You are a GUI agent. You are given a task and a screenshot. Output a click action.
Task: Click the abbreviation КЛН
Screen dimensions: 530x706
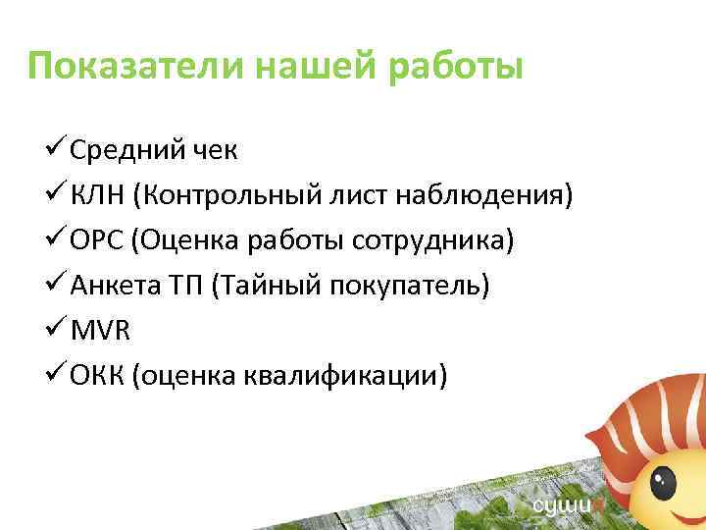pos(100,196)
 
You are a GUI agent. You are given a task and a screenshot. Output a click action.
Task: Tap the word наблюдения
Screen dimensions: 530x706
pos(480,196)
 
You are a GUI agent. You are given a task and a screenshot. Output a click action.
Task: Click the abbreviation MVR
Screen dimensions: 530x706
pos(100,331)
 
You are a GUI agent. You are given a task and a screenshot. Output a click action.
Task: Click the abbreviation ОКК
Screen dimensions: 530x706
pos(99,376)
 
